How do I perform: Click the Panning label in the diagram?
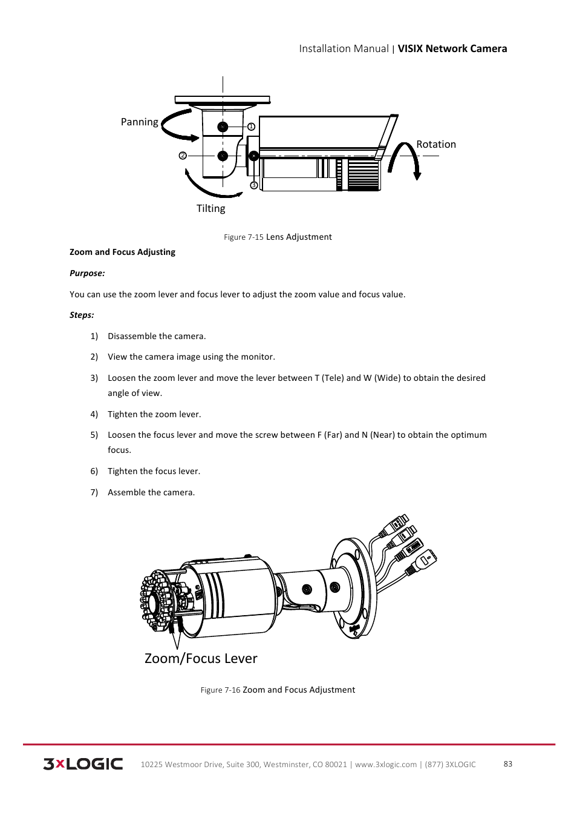point(139,122)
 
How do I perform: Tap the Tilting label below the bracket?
point(210,208)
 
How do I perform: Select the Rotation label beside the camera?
point(435,144)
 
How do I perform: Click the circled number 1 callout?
point(251,127)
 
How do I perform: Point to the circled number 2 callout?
point(183,156)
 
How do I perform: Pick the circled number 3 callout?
point(253,185)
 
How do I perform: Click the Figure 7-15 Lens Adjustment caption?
point(278,237)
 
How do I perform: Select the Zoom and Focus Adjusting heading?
point(122,252)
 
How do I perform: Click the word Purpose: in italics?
point(87,273)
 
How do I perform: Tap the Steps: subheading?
point(82,315)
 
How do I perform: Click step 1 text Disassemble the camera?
point(157,336)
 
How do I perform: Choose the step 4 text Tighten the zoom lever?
point(154,414)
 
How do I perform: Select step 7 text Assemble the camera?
point(151,492)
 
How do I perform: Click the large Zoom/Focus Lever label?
point(201,658)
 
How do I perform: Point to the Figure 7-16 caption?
point(278,690)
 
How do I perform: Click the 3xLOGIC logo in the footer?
point(83,764)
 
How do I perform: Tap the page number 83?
point(507,764)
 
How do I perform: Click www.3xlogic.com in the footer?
point(385,764)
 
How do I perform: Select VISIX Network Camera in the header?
point(452,48)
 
